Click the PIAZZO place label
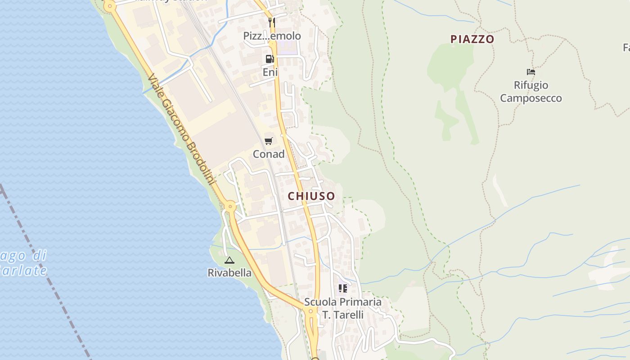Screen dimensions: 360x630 point(472,39)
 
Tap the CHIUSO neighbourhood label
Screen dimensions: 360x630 point(311,196)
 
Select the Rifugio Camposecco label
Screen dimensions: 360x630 point(531,91)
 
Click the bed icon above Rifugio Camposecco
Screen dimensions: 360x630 point(531,72)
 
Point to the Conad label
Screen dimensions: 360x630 point(269,154)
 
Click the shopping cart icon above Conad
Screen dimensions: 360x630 point(269,141)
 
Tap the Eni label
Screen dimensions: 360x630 point(270,72)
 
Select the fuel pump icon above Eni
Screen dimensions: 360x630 point(270,58)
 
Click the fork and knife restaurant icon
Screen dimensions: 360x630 point(271,22)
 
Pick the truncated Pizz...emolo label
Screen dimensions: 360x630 point(272,36)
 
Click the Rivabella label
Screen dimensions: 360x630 point(229,273)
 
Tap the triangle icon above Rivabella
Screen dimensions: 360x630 point(229,260)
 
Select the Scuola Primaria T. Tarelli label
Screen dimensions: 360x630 point(343,308)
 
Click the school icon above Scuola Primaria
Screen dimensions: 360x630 point(343,288)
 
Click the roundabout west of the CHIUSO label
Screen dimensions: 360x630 point(230,207)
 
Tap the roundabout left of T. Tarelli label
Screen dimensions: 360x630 point(310,311)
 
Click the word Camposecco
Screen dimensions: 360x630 point(531,98)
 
